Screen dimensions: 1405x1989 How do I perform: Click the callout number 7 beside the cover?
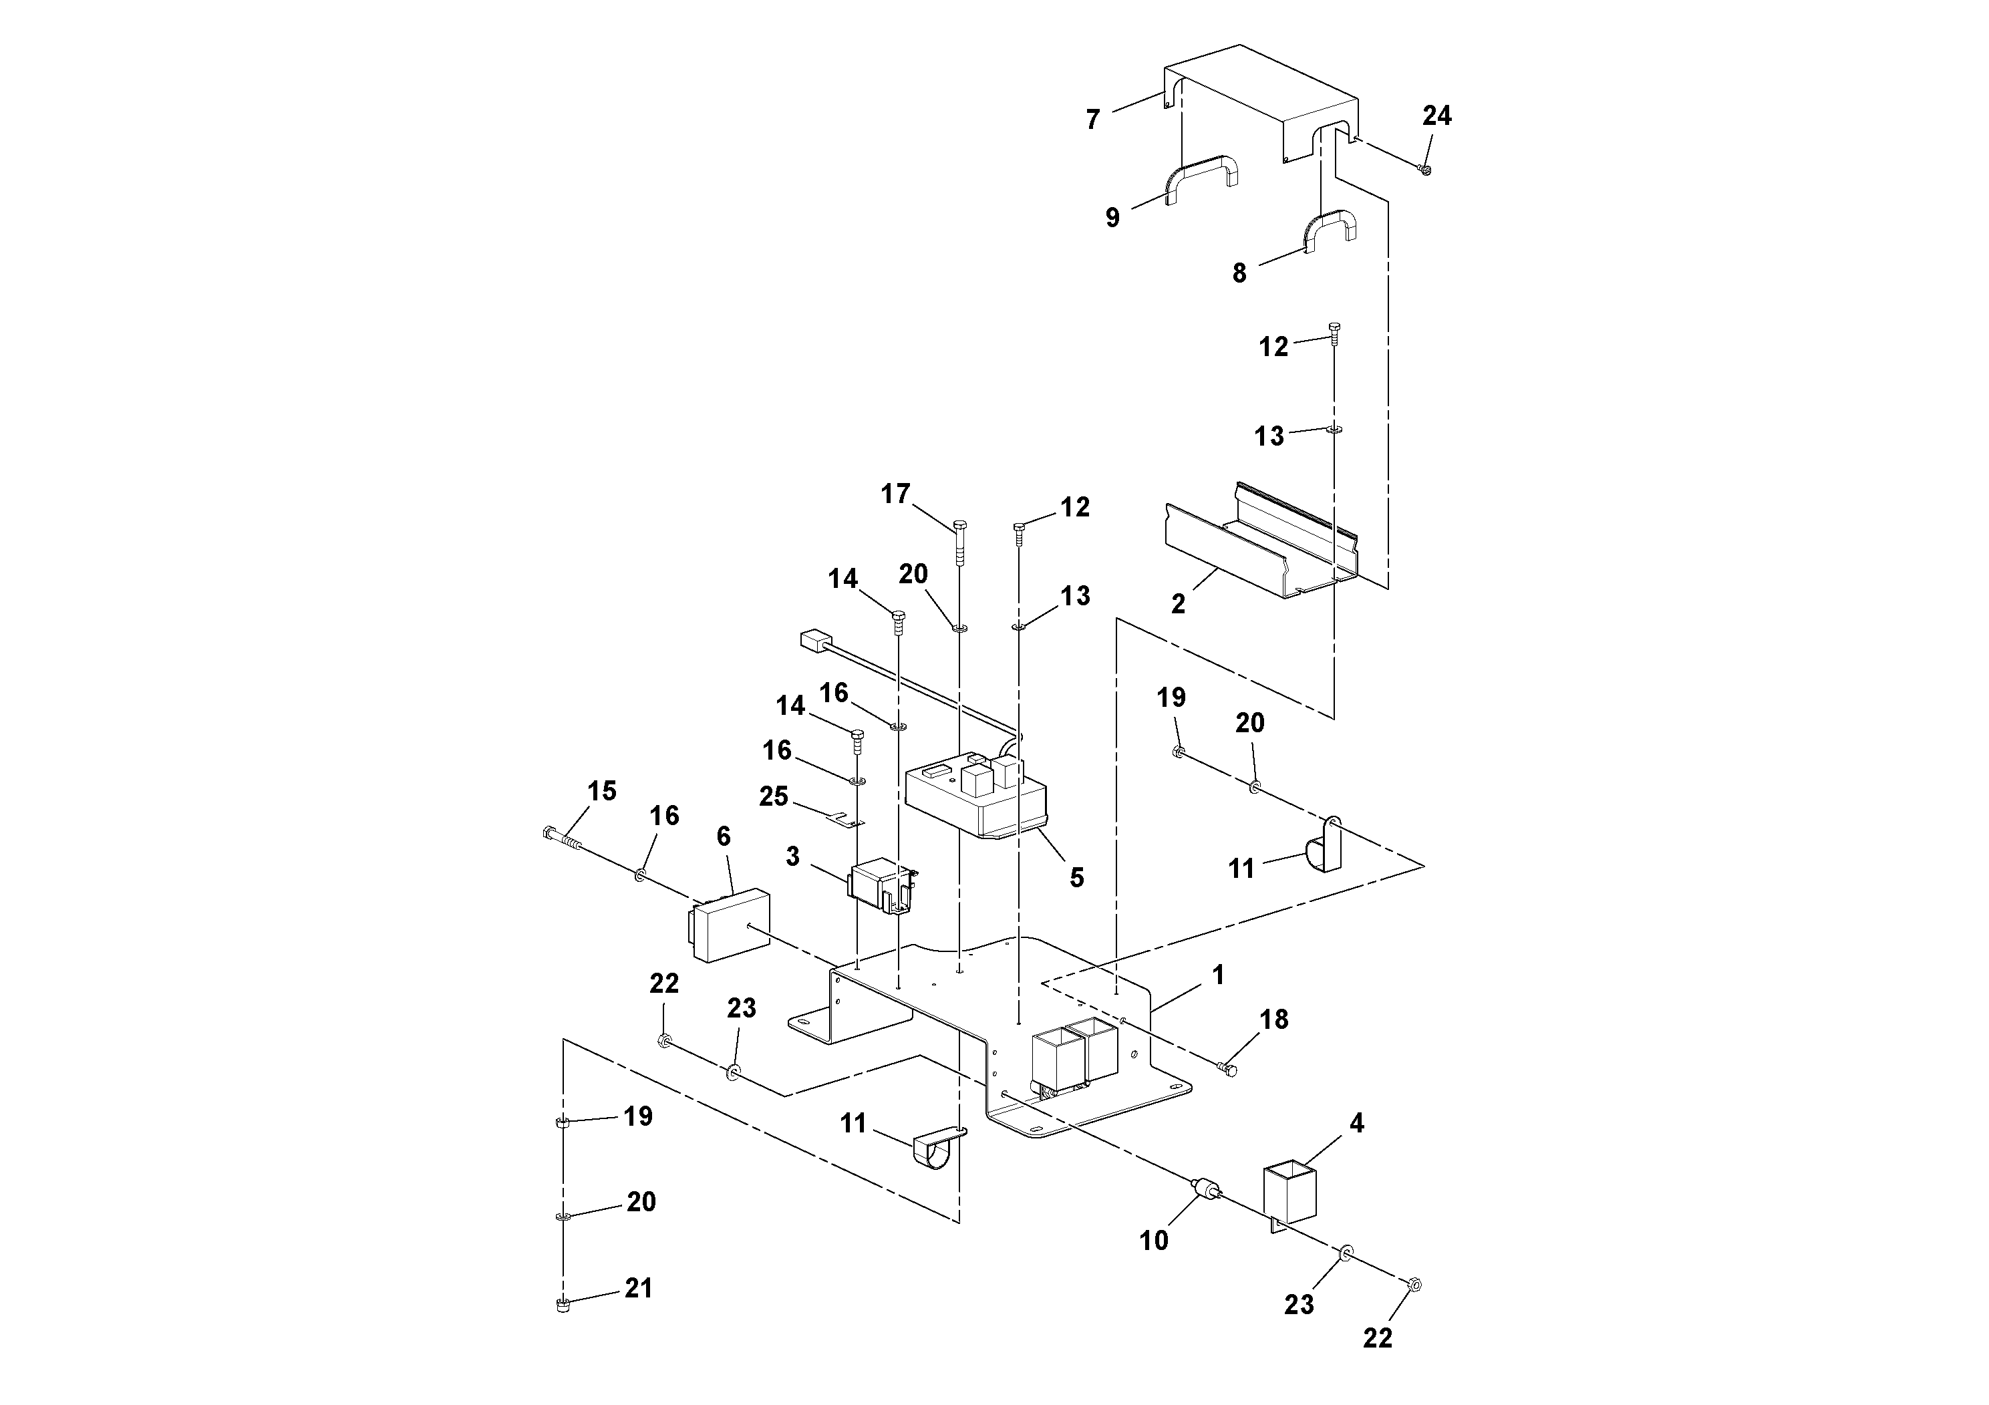point(1093,120)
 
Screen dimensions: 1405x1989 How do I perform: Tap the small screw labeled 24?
point(1426,170)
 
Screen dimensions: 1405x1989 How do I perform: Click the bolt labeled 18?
point(1229,1069)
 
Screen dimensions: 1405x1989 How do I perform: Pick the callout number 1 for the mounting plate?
point(1218,975)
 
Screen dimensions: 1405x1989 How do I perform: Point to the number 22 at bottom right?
point(1378,1338)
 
